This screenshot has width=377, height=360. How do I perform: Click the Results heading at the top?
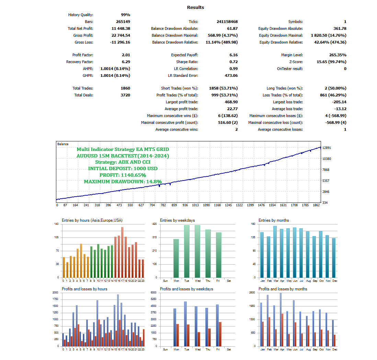pyautogui.click(x=195, y=7)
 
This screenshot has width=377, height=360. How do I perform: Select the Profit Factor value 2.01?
pyautogui.click(x=126, y=55)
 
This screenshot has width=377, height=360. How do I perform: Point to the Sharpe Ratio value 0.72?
pyautogui.click(x=233, y=62)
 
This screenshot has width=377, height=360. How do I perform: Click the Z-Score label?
pyautogui.click(x=296, y=62)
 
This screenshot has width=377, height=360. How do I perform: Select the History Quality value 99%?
pyautogui.click(x=125, y=15)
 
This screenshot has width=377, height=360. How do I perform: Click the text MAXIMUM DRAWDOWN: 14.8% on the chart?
pyautogui.click(x=123, y=182)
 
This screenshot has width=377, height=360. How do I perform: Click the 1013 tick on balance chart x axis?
pyautogui.click(x=195, y=205)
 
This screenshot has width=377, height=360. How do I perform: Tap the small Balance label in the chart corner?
pyautogui.click(x=63, y=144)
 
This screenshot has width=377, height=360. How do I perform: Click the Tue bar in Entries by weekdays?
pyautogui.click(x=187, y=251)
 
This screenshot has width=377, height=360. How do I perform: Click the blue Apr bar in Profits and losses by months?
pyautogui.click(x=281, y=320)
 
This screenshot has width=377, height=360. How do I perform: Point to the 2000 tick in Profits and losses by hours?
pyautogui.click(x=55, y=293)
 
